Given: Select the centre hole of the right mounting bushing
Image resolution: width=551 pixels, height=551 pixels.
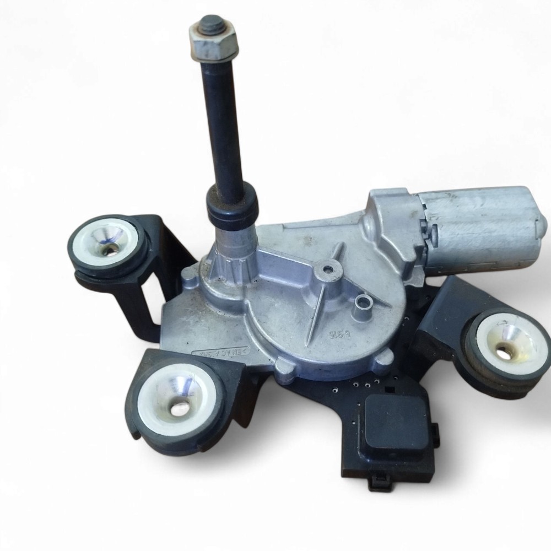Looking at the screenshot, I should (504, 349).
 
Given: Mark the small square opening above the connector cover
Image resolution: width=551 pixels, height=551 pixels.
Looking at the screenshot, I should (388, 390).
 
